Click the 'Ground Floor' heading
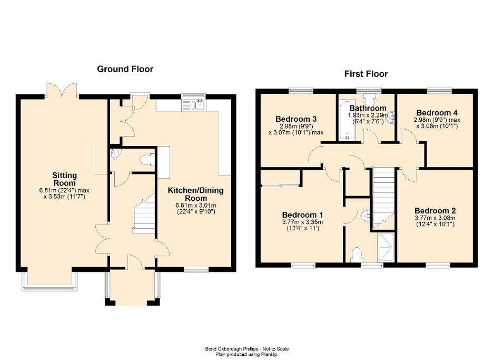pyautogui.click(x=124, y=69)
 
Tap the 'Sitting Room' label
pyautogui.click(x=64, y=179)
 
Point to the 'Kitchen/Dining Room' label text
pyautogui.click(x=195, y=194)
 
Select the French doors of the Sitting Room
pyautogui.click(x=62, y=90)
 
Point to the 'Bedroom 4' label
pyautogui.click(x=433, y=112)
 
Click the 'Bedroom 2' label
pyautogui.click(x=434, y=209)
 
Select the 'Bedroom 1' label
pyautogui.click(x=302, y=215)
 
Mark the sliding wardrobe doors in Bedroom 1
pyautogui.click(x=279, y=185)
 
